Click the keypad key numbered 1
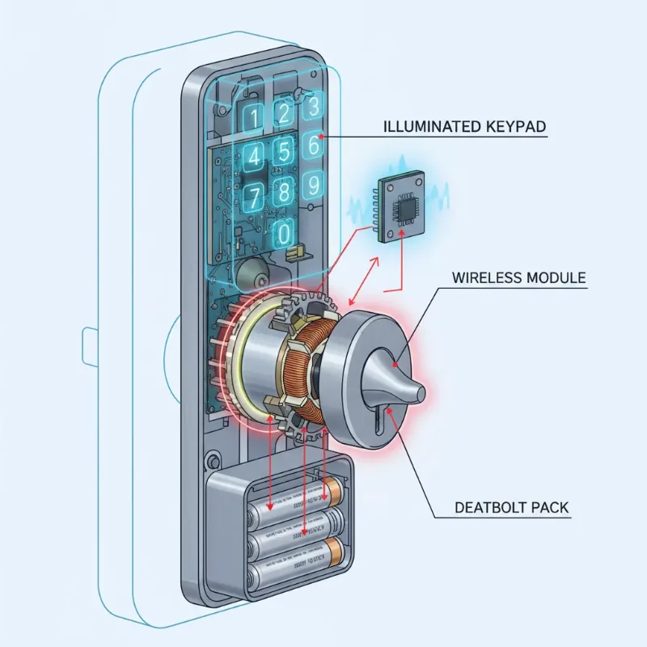[x=253, y=118]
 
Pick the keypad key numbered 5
[x=283, y=150]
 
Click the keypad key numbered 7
[x=253, y=196]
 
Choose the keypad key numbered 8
[x=283, y=192]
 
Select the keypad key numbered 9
[x=313, y=185]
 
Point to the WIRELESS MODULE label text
[x=517, y=278]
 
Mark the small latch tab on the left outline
[x=90, y=346]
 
